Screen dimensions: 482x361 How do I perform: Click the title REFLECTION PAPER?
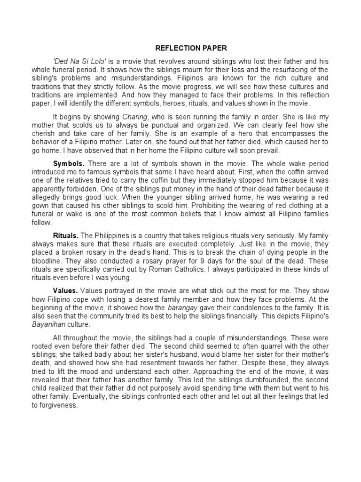185,48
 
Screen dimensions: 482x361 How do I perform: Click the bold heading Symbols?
69,164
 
